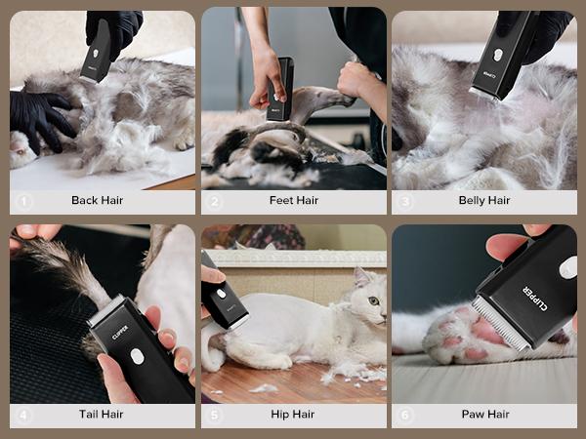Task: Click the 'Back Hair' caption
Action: tap(98, 201)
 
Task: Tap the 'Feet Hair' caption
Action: tap(293, 201)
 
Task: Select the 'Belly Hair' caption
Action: tap(484, 201)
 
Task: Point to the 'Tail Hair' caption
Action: tap(102, 415)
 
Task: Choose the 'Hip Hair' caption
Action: tap(293, 415)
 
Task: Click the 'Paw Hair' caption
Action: tap(485, 415)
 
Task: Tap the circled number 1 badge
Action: tap(24, 202)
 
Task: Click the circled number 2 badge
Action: tap(215, 202)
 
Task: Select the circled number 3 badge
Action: tap(406, 202)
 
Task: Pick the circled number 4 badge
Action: tap(24, 415)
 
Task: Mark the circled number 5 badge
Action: tap(215, 415)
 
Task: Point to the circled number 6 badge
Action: tap(406, 415)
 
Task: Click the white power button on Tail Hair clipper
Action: tap(138, 356)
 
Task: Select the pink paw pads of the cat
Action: tap(461, 332)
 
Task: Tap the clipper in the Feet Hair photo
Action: tap(281, 88)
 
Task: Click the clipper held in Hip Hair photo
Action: tap(224, 297)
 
